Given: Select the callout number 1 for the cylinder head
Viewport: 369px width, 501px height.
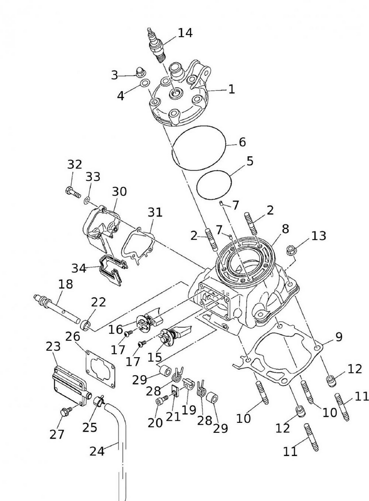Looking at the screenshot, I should (x=231, y=90).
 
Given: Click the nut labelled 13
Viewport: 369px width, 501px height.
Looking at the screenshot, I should (x=290, y=249).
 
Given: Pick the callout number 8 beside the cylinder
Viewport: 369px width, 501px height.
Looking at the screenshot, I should (x=285, y=229).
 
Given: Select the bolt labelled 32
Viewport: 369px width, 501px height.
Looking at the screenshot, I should (x=71, y=191).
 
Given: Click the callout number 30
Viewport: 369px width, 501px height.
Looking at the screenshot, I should (x=119, y=191).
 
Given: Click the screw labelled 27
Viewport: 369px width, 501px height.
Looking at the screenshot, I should (x=65, y=411).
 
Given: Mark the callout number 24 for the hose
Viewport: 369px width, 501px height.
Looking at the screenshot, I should (x=97, y=451).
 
